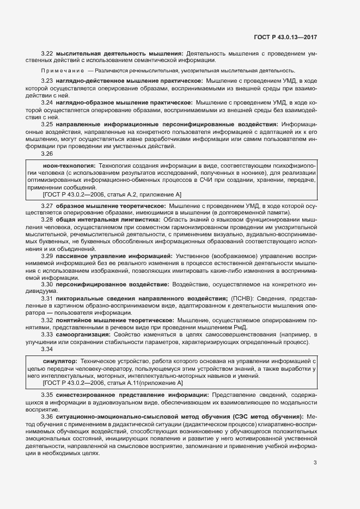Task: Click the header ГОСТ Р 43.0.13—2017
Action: tap(285, 37)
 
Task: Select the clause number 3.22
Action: tap(47, 53)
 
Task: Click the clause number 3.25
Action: tap(47, 125)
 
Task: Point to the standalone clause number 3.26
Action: tap(47, 153)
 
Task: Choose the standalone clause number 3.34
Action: tap(47, 349)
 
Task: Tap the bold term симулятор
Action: tap(59, 361)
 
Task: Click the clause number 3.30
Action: tap(47, 284)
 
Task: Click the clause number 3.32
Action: tap(47, 321)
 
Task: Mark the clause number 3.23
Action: tap(47, 81)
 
